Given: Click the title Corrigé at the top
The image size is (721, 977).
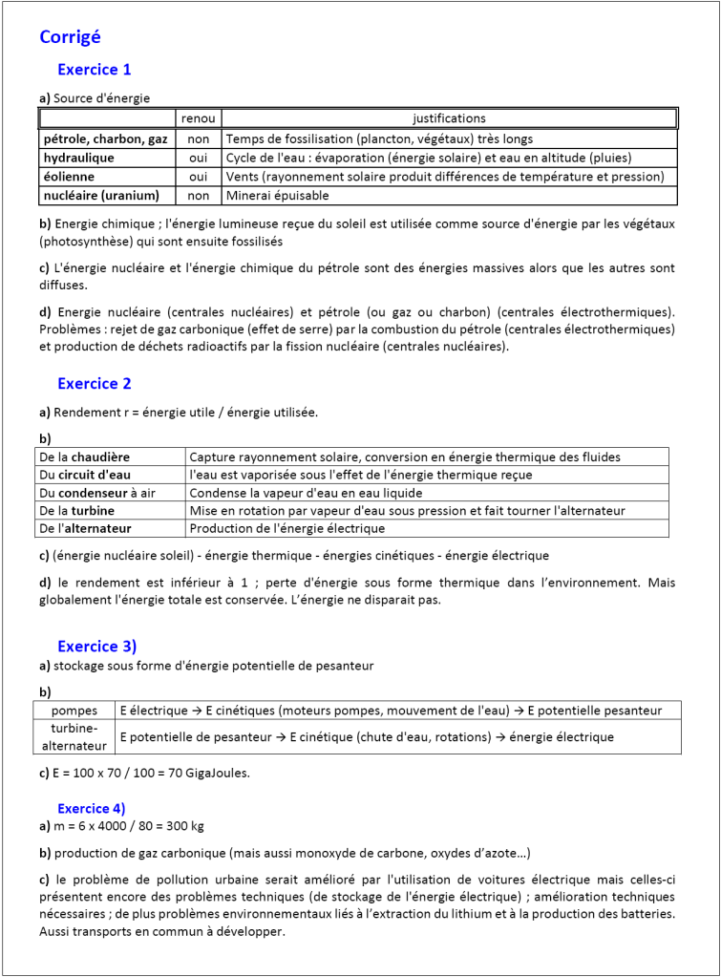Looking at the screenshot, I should coord(70,37).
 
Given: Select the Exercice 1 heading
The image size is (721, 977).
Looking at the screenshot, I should coord(94,70).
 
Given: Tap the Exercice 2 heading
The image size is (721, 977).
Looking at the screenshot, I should coord(94,384).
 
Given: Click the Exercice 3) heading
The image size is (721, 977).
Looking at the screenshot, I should coord(96,647).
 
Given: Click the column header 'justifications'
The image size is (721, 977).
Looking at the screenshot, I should coord(449,118).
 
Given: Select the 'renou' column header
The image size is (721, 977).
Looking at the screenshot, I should coord(199,118).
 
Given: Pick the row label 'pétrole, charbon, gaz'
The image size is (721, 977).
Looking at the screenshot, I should coord(105,138).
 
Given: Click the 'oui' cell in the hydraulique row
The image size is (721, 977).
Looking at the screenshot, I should coord(199,158).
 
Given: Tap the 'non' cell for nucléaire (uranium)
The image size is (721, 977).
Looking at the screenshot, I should coord(199,196).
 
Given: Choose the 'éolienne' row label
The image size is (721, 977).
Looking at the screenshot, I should coord(69,177).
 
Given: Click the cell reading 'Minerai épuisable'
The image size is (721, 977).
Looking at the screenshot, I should coord(277,196).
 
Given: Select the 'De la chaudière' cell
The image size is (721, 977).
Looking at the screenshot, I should coord(84,457).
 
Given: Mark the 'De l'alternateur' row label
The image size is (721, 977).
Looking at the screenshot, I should coord(85,528).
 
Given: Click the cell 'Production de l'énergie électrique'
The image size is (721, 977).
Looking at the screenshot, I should coord(286,528).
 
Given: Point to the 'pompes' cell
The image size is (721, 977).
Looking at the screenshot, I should coord(74,711).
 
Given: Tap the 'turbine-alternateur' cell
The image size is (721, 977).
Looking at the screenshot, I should coord(74,736).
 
